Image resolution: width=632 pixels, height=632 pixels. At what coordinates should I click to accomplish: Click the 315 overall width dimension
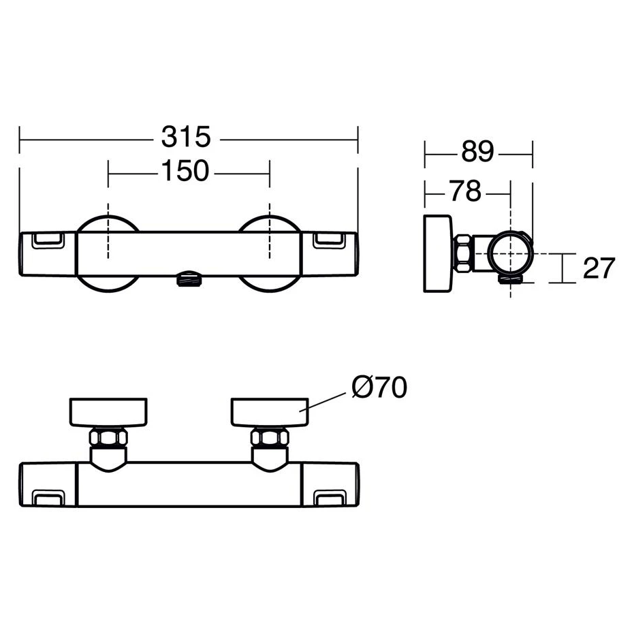(186, 137)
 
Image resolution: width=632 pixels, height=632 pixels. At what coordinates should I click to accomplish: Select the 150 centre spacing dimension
(185, 170)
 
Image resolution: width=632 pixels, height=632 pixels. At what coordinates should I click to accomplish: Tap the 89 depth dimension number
(477, 152)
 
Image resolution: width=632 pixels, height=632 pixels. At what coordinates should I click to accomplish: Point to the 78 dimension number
(466, 191)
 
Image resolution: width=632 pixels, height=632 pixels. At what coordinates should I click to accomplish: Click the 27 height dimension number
(599, 268)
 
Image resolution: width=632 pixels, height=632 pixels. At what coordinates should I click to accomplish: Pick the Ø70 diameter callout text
(379, 387)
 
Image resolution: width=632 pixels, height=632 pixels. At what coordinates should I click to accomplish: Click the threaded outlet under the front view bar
(189, 279)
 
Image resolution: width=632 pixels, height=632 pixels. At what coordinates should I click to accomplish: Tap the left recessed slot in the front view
(48, 240)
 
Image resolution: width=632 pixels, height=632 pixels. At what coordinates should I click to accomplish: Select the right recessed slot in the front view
(330, 240)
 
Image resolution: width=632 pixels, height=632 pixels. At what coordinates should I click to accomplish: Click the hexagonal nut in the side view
(463, 254)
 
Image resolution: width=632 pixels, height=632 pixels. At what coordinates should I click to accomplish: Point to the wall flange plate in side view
(438, 253)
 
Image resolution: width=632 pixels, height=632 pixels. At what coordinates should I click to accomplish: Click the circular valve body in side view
(510, 254)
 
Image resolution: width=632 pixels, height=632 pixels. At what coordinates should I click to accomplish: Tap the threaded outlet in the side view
(511, 279)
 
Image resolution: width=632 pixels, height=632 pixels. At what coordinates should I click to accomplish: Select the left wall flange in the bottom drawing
(108, 412)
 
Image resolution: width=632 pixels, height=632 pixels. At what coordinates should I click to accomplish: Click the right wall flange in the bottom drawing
(270, 412)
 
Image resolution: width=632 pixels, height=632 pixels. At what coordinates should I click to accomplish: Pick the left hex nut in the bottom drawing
(108, 438)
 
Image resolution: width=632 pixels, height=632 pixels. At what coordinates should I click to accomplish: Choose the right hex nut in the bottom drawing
(270, 438)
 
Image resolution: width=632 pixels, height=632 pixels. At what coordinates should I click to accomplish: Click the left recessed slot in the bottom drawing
(48, 498)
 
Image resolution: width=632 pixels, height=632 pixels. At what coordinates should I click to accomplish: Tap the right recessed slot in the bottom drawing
(330, 498)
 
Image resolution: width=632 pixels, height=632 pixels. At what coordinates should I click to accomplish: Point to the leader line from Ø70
(322, 402)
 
